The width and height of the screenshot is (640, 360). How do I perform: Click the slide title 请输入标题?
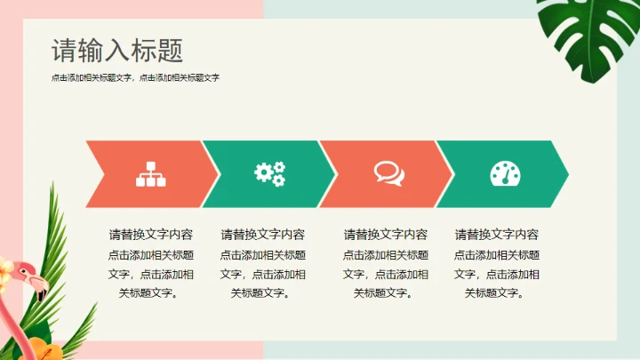pyautogui.click(x=117, y=50)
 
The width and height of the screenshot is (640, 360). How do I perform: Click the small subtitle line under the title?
pyautogui.click(x=135, y=78)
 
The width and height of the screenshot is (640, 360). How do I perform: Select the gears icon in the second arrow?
pyautogui.click(x=269, y=173)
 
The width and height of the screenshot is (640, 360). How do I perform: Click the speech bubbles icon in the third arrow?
pyautogui.click(x=388, y=172)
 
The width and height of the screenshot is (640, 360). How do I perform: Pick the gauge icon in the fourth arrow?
pyautogui.click(x=504, y=173)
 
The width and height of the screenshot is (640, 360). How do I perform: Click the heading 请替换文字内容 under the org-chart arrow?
pyautogui.click(x=151, y=235)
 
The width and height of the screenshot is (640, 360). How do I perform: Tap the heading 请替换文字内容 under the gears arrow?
pyautogui.click(x=263, y=235)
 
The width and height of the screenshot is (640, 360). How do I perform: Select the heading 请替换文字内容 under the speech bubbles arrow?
pyautogui.click(x=386, y=235)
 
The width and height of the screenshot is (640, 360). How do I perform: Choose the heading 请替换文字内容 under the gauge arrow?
pyautogui.click(x=497, y=235)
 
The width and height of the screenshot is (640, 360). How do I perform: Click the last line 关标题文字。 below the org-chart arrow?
pyautogui.click(x=151, y=293)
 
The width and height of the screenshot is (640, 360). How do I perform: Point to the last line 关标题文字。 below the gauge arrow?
pyautogui.click(x=497, y=293)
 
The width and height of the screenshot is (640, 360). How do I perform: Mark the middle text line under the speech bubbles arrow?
pyautogui.click(x=386, y=274)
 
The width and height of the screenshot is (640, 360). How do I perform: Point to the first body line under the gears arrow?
pyautogui.click(x=263, y=255)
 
